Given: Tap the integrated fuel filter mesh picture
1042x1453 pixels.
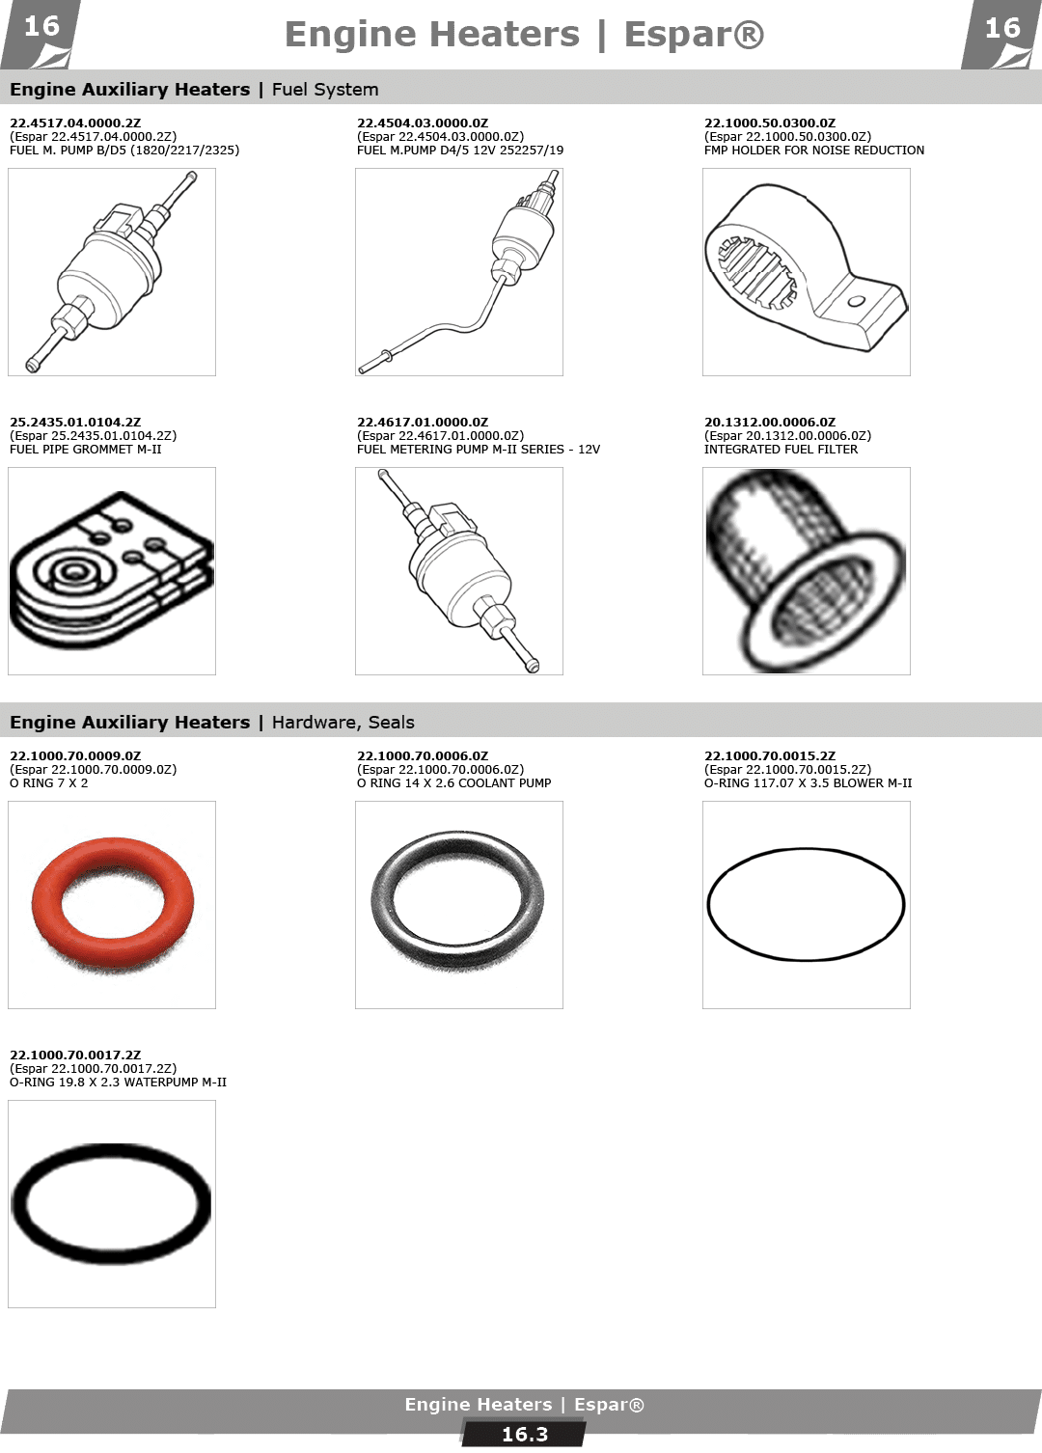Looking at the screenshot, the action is tap(806, 571).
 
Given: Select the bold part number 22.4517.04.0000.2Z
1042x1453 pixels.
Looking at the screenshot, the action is tap(75, 123).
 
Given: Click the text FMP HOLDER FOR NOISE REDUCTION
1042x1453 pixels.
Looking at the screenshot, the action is tap(813, 150).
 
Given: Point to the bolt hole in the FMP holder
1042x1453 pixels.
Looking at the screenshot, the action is tap(856, 302).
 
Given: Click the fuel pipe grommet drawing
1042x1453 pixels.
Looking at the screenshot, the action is tap(112, 570).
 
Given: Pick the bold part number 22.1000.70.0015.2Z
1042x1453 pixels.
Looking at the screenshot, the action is tap(770, 755).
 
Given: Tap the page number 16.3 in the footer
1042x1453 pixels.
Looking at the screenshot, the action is tap(524, 1435).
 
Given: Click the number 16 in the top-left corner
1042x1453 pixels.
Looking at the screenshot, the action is tap(41, 27).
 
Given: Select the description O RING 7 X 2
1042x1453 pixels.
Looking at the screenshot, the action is tap(48, 782).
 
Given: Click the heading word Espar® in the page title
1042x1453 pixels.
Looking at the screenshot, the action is tap(694, 34).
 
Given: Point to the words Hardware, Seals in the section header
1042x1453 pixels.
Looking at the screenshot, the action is tap(343, 722).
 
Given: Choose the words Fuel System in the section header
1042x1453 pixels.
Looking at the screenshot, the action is tap(325, 89).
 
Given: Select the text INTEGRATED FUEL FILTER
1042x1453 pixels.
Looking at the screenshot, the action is tap(781, 449).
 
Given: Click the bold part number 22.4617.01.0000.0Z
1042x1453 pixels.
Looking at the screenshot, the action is tap(423, 422).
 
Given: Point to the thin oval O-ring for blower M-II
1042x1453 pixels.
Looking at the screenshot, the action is tap(807, 848).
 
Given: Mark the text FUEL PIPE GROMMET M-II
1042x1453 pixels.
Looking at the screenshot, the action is tap(86, 449).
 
